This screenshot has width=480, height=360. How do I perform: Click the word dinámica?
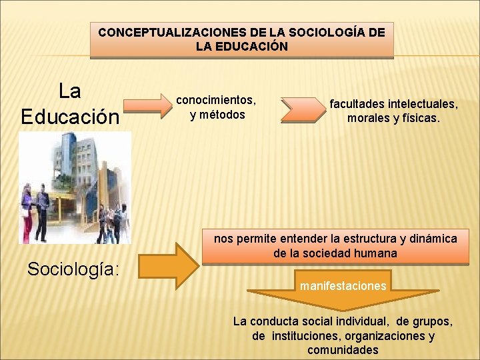tap(432, 239)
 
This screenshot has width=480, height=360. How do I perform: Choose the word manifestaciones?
tap(343, 286)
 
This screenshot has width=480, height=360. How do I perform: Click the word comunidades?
tap(343, 350)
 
